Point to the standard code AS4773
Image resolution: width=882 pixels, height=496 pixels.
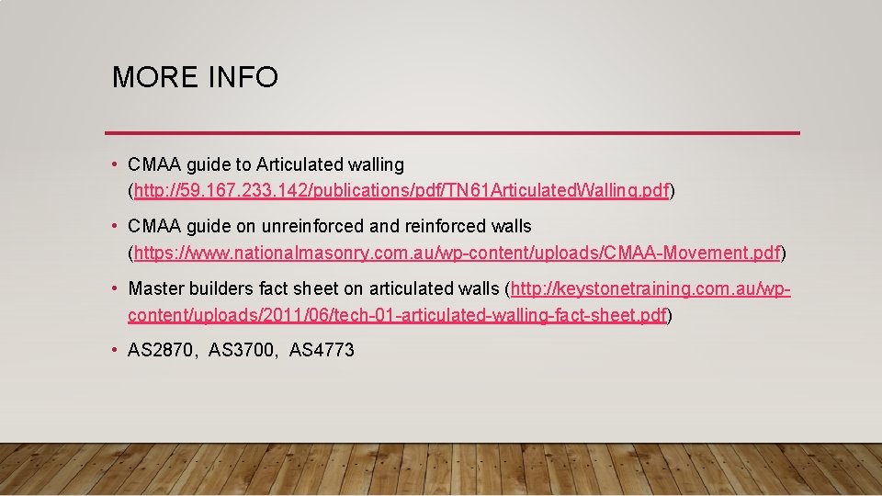click(x=322, y=350)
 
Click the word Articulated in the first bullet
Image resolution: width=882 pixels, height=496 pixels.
click(x=300, y=165)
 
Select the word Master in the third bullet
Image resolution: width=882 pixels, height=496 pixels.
click(x=155, y=288)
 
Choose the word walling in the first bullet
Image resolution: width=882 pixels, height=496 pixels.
click(x=376, y=165)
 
